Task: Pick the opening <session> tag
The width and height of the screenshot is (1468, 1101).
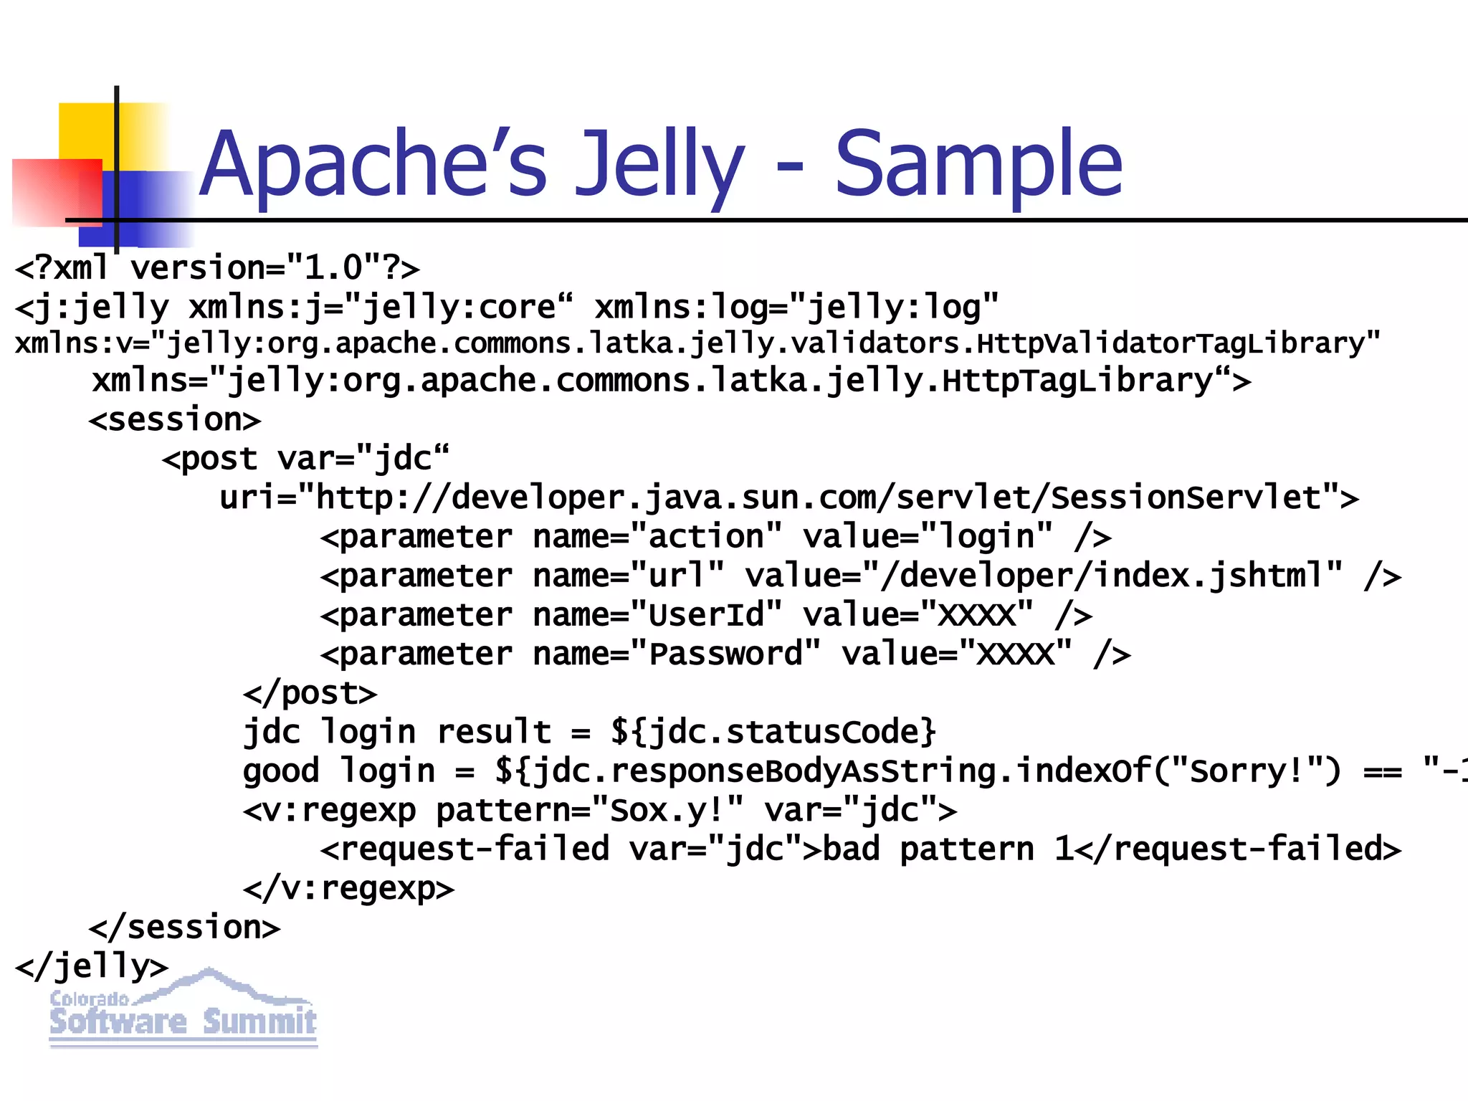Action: coord(175,420)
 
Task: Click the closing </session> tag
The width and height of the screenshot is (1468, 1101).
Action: coord(184,928)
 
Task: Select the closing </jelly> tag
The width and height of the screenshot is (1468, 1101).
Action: coord(92,967)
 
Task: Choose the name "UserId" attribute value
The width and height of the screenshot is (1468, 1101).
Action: coord(706,615)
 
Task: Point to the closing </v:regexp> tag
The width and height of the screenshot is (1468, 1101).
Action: coord(348,889)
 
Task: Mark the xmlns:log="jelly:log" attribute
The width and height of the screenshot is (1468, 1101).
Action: coord(796,308)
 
